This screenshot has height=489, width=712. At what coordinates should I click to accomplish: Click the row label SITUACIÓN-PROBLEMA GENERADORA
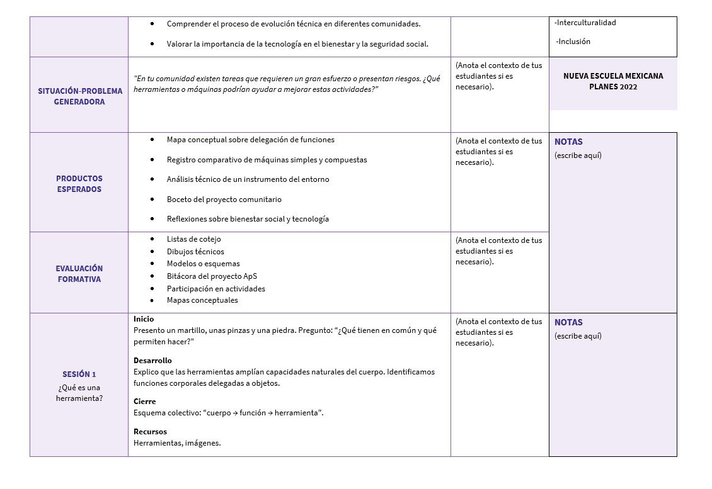tap(79, 96)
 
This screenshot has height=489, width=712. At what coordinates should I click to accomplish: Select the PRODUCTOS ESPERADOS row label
tap(79, 184)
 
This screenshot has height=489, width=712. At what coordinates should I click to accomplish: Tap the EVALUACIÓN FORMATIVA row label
tap(79, 274)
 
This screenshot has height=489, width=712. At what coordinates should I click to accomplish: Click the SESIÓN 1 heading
tap(79, 374)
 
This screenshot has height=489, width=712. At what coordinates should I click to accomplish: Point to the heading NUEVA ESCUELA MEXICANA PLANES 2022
tap(612, 81)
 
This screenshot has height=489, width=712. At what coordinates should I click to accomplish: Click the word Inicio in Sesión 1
tap(144, 319)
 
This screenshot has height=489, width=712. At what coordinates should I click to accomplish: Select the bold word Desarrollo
tap(152, 361)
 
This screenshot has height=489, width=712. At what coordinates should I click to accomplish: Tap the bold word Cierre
tap(144, 402)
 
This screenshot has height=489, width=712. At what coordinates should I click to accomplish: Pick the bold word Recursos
tap(150, 432)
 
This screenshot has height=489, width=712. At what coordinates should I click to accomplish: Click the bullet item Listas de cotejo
tap(193, 239)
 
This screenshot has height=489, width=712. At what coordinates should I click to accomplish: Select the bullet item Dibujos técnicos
tap(195, 252)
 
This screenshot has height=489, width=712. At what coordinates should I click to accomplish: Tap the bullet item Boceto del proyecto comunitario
tap(224, 200)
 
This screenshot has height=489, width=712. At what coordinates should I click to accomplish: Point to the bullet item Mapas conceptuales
tap(202, 300)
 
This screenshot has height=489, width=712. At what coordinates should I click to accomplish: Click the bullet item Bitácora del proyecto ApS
tap(212, 276)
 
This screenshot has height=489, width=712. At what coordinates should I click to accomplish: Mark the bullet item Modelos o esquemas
tap(203, 264)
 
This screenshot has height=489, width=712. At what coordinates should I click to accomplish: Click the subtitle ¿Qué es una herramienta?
tap(79, 393)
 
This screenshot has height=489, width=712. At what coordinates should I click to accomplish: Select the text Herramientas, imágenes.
tap(177, 443)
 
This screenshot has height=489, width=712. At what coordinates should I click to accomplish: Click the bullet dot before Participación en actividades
tap(152, 288)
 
